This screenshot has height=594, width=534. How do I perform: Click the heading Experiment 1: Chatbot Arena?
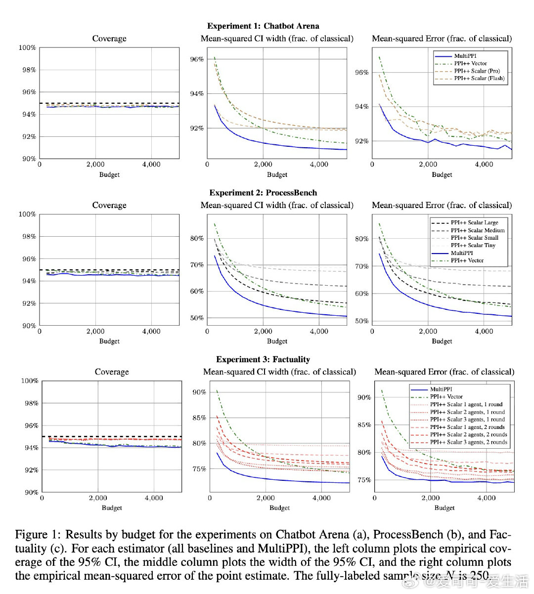tap(263, 26)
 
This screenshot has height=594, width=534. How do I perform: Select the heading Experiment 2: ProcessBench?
tap(263, 193)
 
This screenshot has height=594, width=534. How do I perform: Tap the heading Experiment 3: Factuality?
tap(263, 359)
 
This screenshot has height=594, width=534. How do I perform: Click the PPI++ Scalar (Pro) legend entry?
tap(476, 71)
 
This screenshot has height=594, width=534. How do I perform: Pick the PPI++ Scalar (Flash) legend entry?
tap(479, 78)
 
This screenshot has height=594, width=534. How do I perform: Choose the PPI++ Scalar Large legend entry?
tap(474, 222)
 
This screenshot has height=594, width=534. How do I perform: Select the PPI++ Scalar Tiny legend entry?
tap(473, 245)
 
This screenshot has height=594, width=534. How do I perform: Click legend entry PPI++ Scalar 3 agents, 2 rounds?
tap(468, 442)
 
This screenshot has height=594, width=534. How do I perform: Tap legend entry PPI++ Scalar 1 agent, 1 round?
tap(466, 404)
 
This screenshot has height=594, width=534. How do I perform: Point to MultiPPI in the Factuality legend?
tap(441, 389)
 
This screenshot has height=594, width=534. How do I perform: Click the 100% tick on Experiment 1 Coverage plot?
tap(27, 47)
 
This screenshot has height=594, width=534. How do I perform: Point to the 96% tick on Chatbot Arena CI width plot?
tap(197, 59)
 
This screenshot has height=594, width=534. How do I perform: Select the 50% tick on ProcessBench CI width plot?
tap(197, 318)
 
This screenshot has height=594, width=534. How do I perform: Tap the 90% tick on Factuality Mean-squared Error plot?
tap(364, 397)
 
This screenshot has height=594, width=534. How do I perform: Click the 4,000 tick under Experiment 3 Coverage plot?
tap(154, 498)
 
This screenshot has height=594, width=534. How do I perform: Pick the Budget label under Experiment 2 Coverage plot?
tap(109, 341)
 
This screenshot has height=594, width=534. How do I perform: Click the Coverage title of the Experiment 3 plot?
tap(112, 372)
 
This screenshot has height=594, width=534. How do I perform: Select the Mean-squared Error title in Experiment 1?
tap(442, 39)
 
